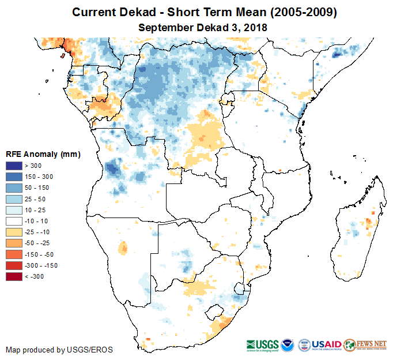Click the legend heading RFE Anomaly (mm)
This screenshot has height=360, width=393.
tap(43, 155)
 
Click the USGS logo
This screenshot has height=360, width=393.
tap(262, 344)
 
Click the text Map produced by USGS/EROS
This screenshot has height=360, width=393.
tap(59, 350)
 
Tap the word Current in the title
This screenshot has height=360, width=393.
tap(93, 12)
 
